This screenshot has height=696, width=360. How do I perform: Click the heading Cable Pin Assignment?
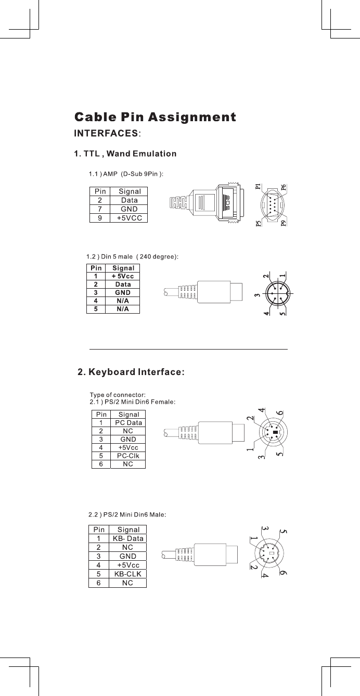coord(155,117)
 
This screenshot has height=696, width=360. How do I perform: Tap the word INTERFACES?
coord(106,133)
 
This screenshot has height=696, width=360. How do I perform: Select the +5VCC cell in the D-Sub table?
coord(129,218)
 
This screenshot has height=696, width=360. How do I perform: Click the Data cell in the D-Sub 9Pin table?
coord(129,200)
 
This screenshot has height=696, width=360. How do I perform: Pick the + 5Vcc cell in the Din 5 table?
coord(123,276)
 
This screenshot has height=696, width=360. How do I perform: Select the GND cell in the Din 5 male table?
coord(123,293)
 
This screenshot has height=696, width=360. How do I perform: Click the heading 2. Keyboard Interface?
coord(131,372)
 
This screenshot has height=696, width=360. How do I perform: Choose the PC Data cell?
coord(128,423)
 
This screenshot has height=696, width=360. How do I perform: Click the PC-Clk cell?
coord(128,456)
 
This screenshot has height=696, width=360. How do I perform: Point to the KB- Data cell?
coord(128,538)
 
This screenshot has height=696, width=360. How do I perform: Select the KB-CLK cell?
coord(128,574)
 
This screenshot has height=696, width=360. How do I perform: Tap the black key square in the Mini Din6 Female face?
coord(275,432)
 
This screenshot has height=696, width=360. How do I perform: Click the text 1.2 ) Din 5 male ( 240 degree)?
coord(132,256)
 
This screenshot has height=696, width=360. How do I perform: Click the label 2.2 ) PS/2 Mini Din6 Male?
coord(127,514)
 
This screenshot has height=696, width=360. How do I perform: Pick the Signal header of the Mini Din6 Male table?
coord(128,530)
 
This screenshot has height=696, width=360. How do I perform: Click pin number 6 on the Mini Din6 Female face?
coord(280,413)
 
